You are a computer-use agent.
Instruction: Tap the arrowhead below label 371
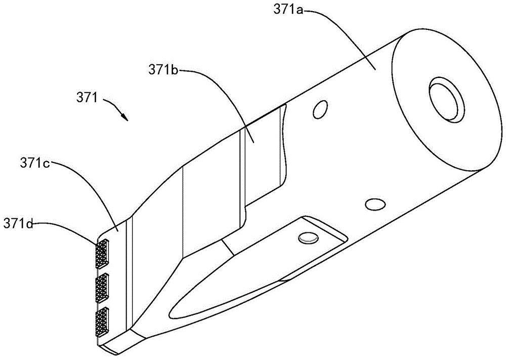(x=124, y=118)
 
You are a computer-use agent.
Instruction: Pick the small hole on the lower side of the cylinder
(x=374, y=204)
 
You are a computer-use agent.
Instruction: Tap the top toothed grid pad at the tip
(x=102, y=253)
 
